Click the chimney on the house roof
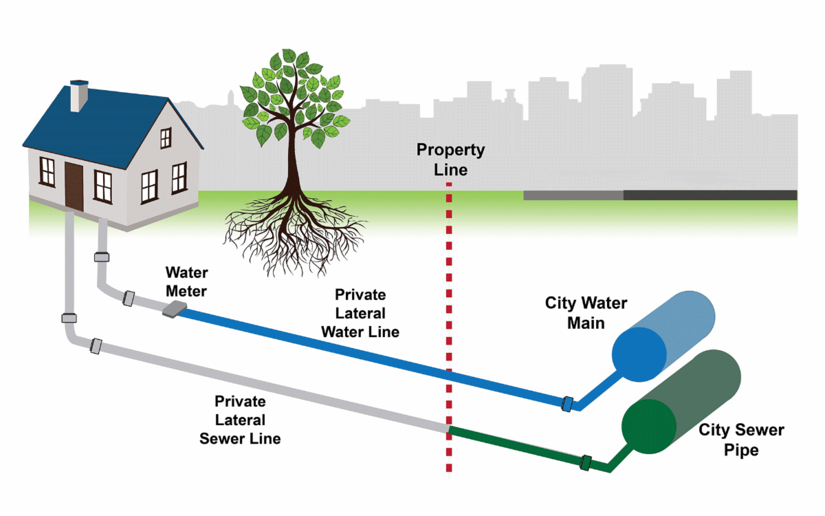pos(79,96)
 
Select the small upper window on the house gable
pos(166,138)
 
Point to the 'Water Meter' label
pos(186,282)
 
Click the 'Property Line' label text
pos(450,160)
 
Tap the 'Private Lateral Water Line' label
pos(360,313)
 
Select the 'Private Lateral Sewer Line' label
pos(240,420)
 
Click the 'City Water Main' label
pos(586,312)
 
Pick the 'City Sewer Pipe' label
pos(741,440)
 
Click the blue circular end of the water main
pos(639,354)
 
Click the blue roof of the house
pos(103,124)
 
